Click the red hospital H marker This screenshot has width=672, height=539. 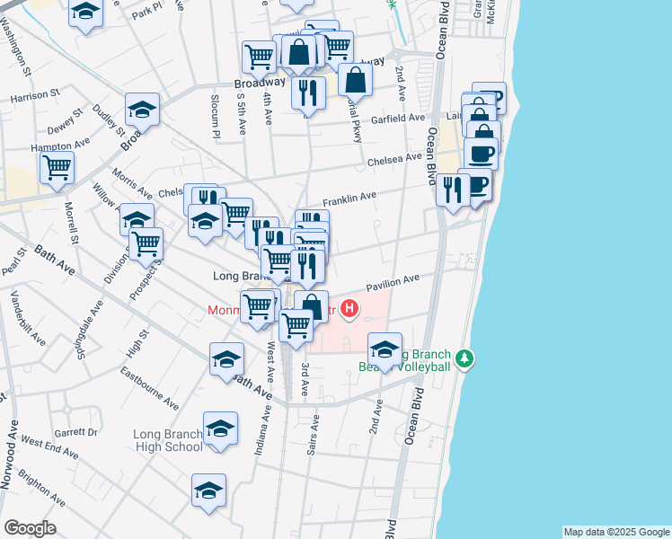pyautogui.click(x=349, y=311)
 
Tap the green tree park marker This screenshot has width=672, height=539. pyautogui.click(x=464, y=359)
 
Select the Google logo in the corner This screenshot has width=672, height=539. pyautogui.click(x=31, y=528)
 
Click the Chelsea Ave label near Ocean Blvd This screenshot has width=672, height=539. pyautogui.click(x=394, y=160)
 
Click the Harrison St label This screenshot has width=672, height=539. pyautogui.click(x=35, y=93)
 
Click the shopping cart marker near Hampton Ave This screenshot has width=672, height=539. pyautogui.click(x=57, y=167)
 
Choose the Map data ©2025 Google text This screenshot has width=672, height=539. pyautogui.click(x=616, y=532)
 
